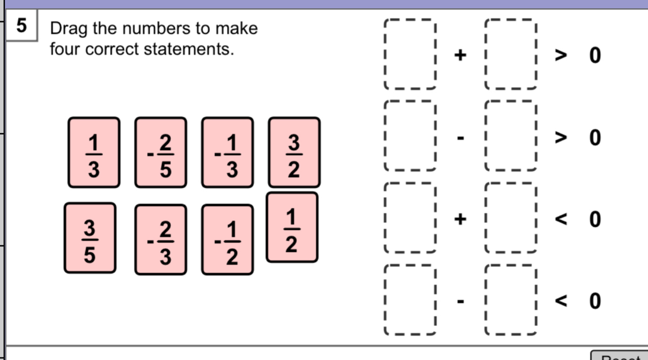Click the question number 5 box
click(21, 25)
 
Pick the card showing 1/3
click(94, 153)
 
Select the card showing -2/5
click(161, 153)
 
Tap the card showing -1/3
click(227, 153)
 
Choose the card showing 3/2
click(294, 153)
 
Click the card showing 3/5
click(90, 238)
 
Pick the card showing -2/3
click(161, 239)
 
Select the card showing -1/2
click(227, 239)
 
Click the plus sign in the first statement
click(460, 55)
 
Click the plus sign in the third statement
click(460, 219)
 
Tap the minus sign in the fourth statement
click(460, 302)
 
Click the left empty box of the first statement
click(411, 54)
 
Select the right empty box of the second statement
click(511, 136)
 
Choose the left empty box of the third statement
click(411, 218)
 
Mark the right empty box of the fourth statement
click(511, 300)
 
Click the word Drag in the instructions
click(69, 29)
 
